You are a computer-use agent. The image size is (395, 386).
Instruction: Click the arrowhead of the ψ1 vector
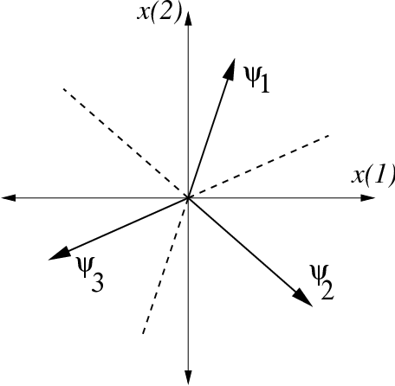pos(233,65)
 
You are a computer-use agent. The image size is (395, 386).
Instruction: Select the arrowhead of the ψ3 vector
pos(57,254)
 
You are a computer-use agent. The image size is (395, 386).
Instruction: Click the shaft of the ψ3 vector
pos(121,227)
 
